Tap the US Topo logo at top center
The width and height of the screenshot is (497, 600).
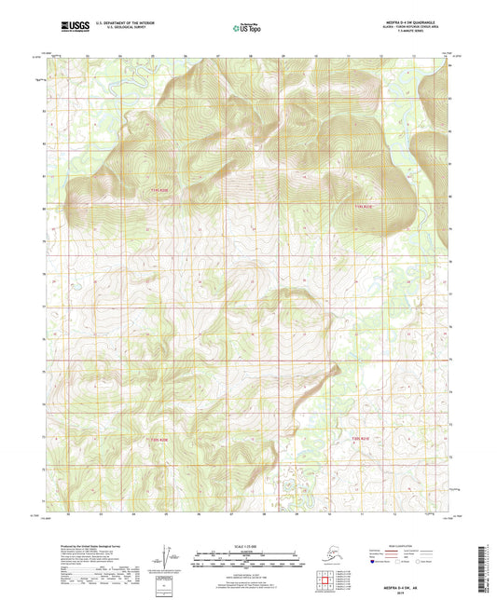(247, 29)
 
